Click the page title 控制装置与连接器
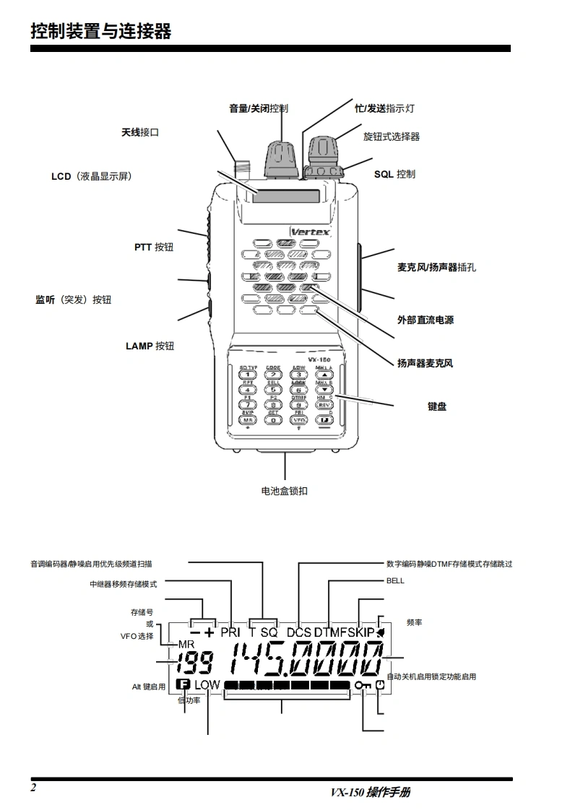click(100, 31)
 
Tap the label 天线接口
click(139, 133)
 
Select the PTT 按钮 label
click(153, 247)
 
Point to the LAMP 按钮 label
click(150, 346)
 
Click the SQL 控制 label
click(394, 174)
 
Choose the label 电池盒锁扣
click(284, 491)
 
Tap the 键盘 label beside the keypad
click(436, 406)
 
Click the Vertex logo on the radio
click(310, 232)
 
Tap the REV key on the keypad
click(324, 406)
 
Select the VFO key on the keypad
click(298, 419)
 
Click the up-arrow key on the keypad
click(324, 375)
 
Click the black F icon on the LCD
click(183, 684)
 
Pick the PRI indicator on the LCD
click(230, 632)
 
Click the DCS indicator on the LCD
click(298, 632)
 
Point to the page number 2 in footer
click(33, 787)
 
